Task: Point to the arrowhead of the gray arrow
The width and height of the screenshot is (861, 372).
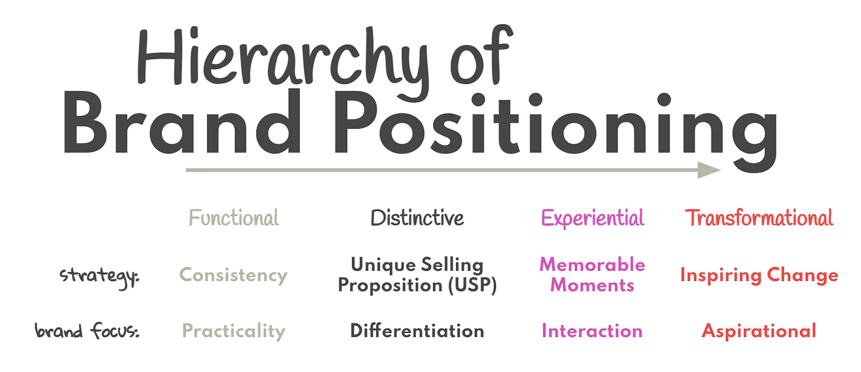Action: click(708, 170)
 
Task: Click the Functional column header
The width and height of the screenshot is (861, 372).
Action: click(234, 218)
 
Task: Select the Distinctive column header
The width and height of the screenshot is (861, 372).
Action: click(417, 218)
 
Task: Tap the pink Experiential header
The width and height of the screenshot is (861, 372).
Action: click(592, 218)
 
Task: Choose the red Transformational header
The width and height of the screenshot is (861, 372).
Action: click(759, 218)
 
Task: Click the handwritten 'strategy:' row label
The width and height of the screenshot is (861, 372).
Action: click(100, 276)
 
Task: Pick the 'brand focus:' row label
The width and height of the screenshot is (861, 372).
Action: click(87, 331)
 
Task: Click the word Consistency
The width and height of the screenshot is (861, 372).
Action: click(233, 275)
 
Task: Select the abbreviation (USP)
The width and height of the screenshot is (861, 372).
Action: click(467, 285)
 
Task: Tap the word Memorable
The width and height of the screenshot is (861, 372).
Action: click(592, 264)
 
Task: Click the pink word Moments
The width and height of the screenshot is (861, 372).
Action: click(592, 285)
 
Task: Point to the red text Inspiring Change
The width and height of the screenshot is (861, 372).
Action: click(759, 275)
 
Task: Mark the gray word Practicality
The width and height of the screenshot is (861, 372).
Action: click(233, 331)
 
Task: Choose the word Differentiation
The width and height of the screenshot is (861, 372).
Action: click(417, 331)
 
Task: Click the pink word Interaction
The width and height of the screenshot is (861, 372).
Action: click(592, 331)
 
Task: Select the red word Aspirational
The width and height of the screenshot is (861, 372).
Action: click(759, 331)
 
